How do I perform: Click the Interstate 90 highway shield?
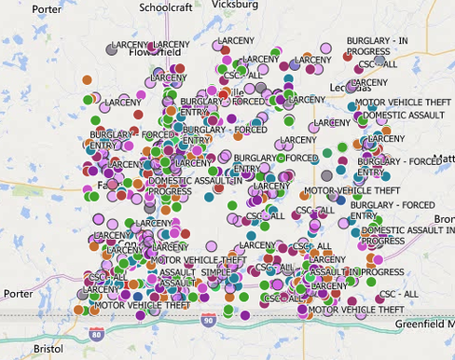[232, 322]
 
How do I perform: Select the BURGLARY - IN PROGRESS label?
[377, 47]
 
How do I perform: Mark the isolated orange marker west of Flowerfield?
[87, 80]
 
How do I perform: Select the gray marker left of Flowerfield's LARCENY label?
[111, 49]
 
